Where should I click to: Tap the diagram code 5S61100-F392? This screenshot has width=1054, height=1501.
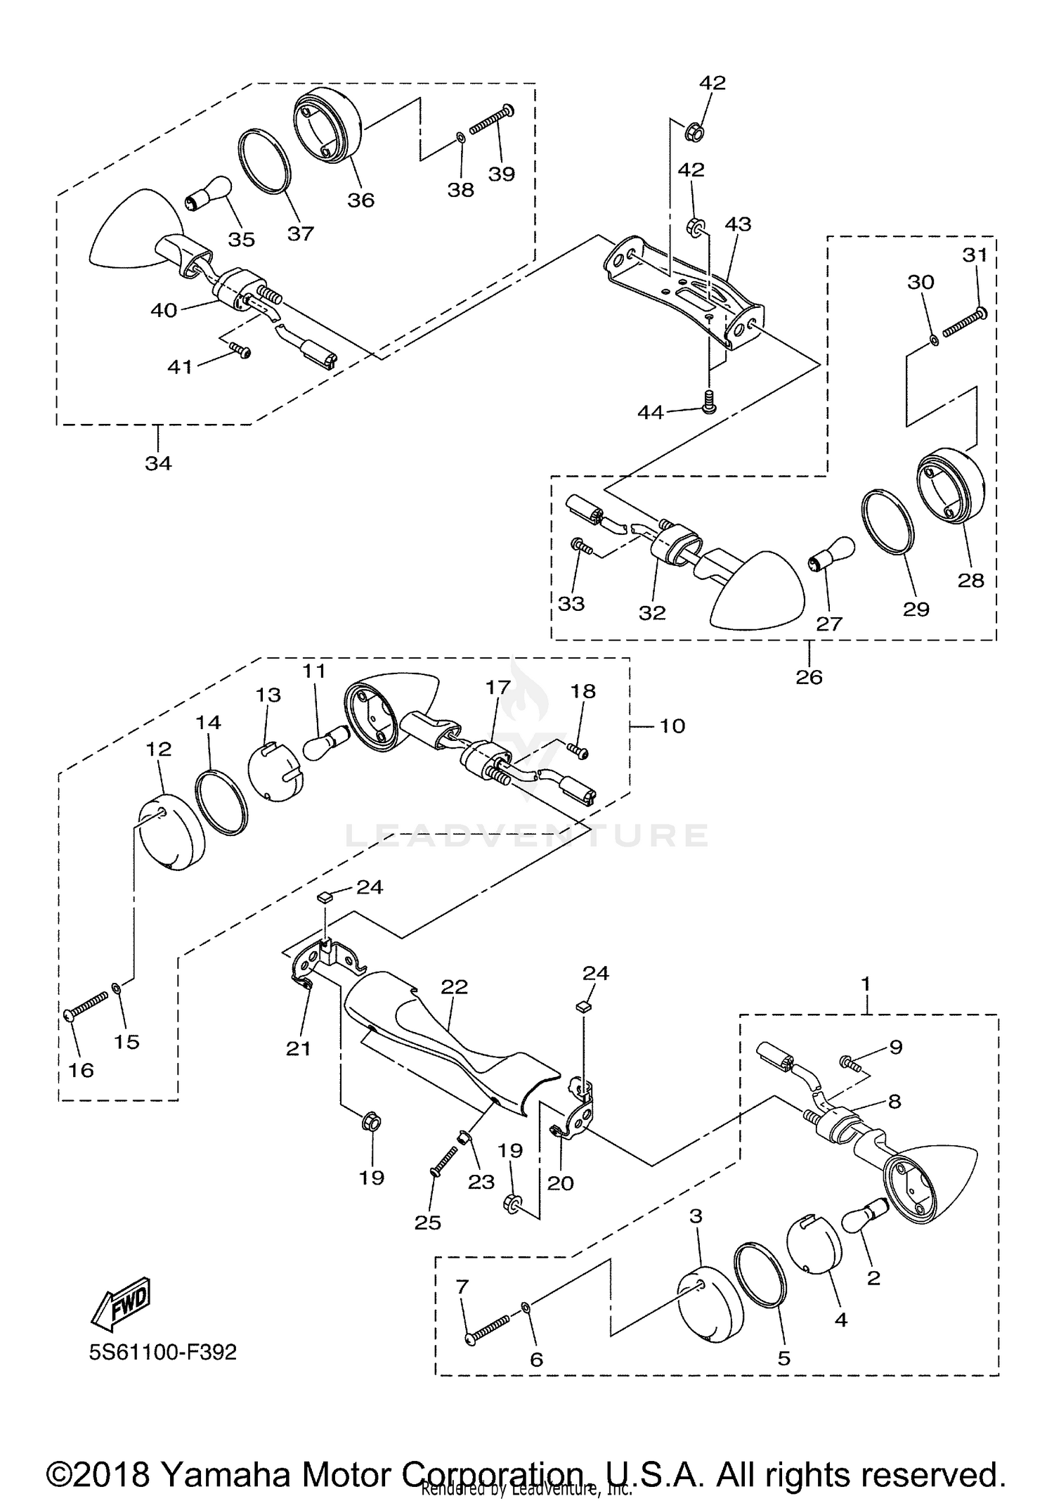[x=162, y=1351]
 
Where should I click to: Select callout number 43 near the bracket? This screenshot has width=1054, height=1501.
[x=738, y=224]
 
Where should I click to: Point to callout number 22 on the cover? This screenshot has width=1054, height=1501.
[x=455, y=986]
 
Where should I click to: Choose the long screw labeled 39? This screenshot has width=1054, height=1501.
[x=491, y=119]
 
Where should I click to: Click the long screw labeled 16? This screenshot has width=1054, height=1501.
[x=88, y=1005]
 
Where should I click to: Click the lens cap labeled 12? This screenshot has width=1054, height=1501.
[x=169, y=832]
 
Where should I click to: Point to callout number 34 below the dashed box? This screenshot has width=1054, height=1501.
[x=158, y=463]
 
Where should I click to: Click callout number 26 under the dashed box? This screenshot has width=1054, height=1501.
[x=809, y=677]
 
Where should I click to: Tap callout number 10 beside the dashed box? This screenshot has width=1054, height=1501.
[x=672, y=726]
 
